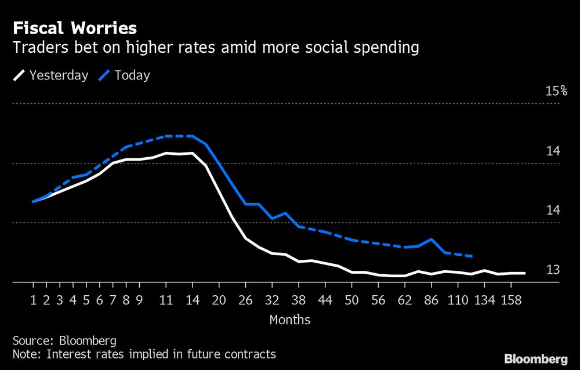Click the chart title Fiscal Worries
coord(75,28)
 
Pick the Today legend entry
coord(126,75)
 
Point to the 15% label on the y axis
coord(556,91)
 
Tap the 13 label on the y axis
coord(553,270)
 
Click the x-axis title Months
coord(290,320)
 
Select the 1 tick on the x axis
coord(33,300)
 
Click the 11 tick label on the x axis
coord(166,300)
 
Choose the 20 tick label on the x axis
coord(219,300)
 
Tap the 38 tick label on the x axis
coord(299,300)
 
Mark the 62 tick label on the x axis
coord(405,300)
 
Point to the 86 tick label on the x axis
coord(431,300)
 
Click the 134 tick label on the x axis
coord(484,300)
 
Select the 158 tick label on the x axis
coord(511,300)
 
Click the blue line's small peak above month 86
coord(431,238)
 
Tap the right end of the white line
coord(524,273)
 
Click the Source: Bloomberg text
coord(64,340)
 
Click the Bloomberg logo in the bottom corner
coord(536,358)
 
